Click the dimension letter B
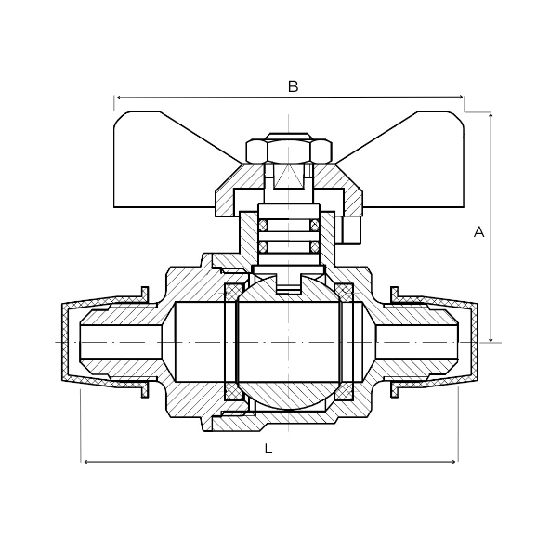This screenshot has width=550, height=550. tap(293, 86)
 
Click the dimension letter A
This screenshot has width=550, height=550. tap(479, 232)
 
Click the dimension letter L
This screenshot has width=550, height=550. tap(268, 449)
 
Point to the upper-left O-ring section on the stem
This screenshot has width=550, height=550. tap(263, 226)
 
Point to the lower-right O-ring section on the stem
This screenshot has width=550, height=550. tap(314, 246)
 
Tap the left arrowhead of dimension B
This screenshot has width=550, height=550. tap(118, 97)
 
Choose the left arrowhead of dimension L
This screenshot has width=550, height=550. tap(85, 461)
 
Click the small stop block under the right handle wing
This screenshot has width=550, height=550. tap(351, 229)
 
